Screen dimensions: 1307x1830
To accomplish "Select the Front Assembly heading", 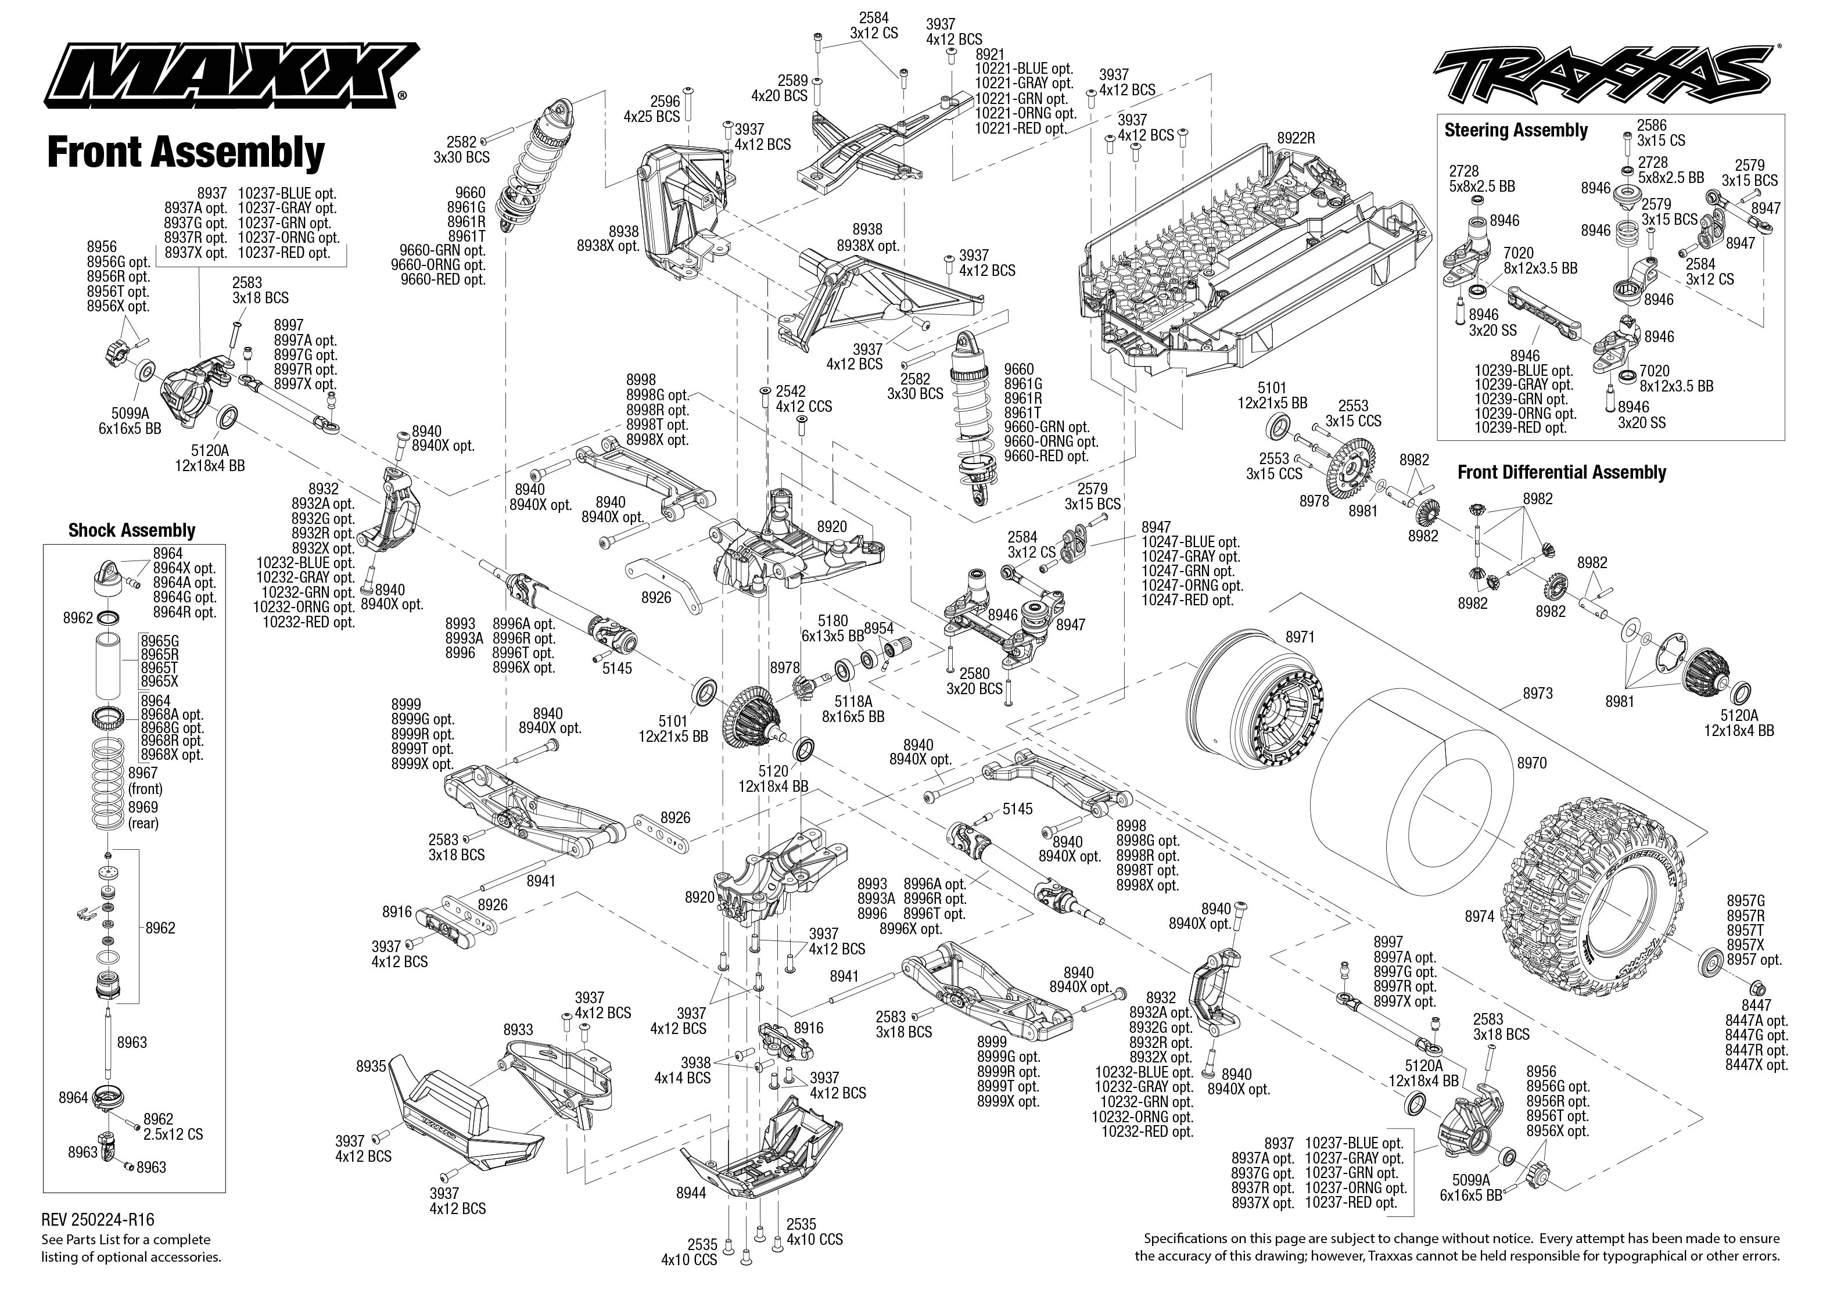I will pyautogui.click(x=186, y=152).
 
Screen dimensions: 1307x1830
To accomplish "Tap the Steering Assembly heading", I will pyautogui.click(x=1515, y=130).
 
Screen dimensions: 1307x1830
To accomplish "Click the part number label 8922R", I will pyautogui.click(x=1295, y=138).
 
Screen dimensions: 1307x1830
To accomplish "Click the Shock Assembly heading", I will pyautogui.click(x=132, y=530).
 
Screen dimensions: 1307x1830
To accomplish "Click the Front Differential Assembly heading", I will pyautogui.click(x=1561, y=472).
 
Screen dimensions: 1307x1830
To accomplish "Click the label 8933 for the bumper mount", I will pyautogui.click(x=518, y=1029).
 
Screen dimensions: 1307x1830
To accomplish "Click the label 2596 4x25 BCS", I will pyautogui.click(x=652, y=109).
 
